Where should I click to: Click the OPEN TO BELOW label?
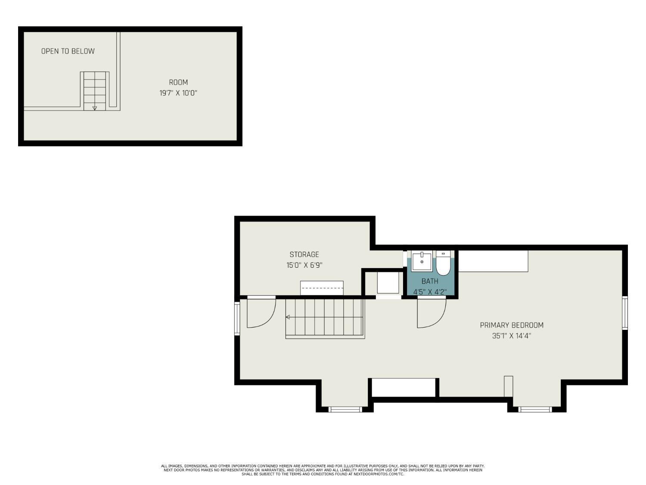(68, 51)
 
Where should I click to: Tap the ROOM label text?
(178, 82)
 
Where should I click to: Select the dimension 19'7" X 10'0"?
(178, 94)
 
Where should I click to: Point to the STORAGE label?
(304, 254)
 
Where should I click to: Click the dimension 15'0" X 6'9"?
(304, 265)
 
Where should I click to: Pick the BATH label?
(430, 281)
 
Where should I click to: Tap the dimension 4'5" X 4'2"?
(430, 292)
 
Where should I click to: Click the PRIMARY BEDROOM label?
(512, 325)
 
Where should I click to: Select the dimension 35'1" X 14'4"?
(512, 336)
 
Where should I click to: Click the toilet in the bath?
(443, 263)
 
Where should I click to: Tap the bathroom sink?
(422, 261)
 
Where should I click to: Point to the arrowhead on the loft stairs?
(94, 108)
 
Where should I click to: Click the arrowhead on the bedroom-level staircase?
(288, 317)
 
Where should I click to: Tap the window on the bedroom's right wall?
(624, 313)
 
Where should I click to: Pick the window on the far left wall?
(237, 318)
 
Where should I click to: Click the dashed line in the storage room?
(322, 288)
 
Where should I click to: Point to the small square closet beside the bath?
(388, 283)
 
